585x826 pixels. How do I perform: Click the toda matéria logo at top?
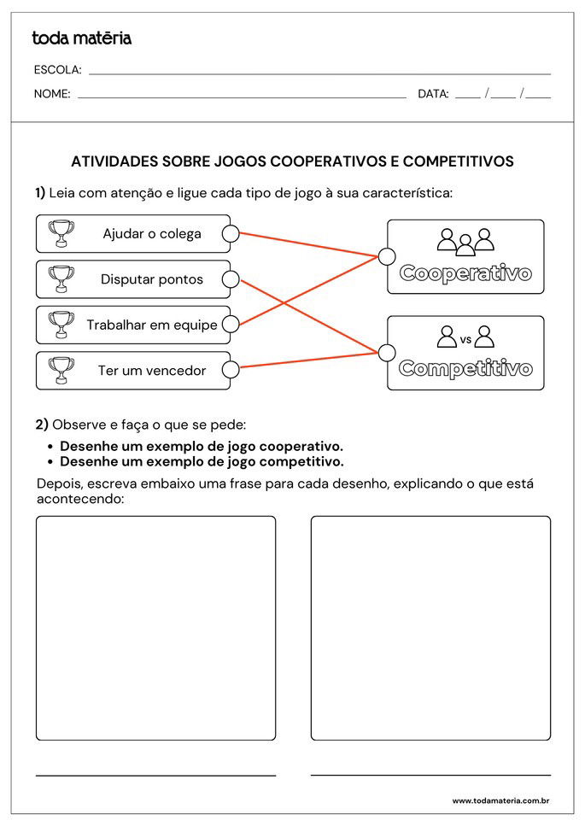pos(81,38)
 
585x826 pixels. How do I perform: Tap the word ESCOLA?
pos(57,70)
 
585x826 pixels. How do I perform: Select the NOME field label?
pos(52,94)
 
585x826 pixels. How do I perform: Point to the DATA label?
pos(433,94)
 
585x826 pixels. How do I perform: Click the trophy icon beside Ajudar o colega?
pos(61,233)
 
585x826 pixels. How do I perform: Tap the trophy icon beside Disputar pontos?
pos(61,278)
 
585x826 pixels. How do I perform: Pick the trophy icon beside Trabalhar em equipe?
pos(61,325)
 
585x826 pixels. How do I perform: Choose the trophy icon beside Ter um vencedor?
pos(61,370)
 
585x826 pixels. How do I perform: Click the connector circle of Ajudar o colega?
pos(230,233)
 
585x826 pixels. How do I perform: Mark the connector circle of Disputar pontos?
pos(230,278)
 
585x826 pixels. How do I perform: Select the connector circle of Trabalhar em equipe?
pos(230,325)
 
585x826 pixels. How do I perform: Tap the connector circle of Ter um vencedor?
pos(230,370)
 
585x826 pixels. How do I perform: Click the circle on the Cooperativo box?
pos(387,256)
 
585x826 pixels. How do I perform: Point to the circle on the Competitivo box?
pos(387,353)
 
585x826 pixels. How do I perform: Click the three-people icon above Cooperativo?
pos(465,242)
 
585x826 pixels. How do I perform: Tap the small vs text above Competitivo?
pos(465,339)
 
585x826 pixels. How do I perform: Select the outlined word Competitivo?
pos(465,369)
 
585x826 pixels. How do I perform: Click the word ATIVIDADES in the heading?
pos(114,161)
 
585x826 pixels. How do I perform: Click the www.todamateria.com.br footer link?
pos(500,800)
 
